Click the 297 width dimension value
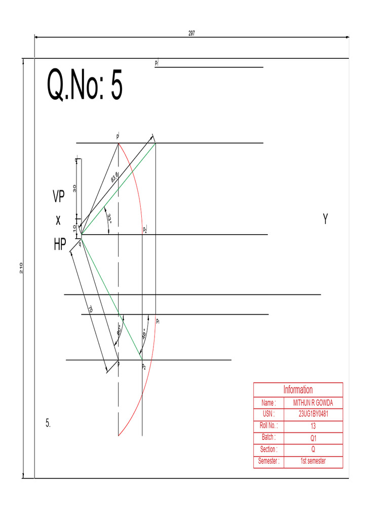192,33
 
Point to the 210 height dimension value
22,268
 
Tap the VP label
59,197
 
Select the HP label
60,245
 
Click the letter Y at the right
326,219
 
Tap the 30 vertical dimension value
74,188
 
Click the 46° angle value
144,335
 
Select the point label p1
158,321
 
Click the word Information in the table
298,390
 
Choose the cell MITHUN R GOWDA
313,403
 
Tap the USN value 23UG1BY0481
313,414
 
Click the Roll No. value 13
313,426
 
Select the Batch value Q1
313,438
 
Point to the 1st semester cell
313,461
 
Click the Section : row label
268,450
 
